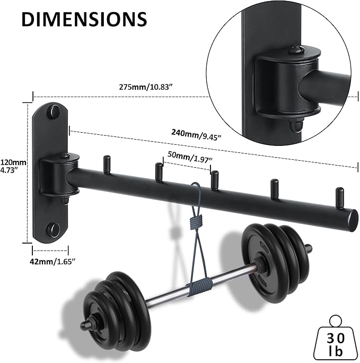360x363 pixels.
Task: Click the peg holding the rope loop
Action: pos(214,179)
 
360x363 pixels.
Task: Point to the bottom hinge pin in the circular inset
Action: pos(295,125)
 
